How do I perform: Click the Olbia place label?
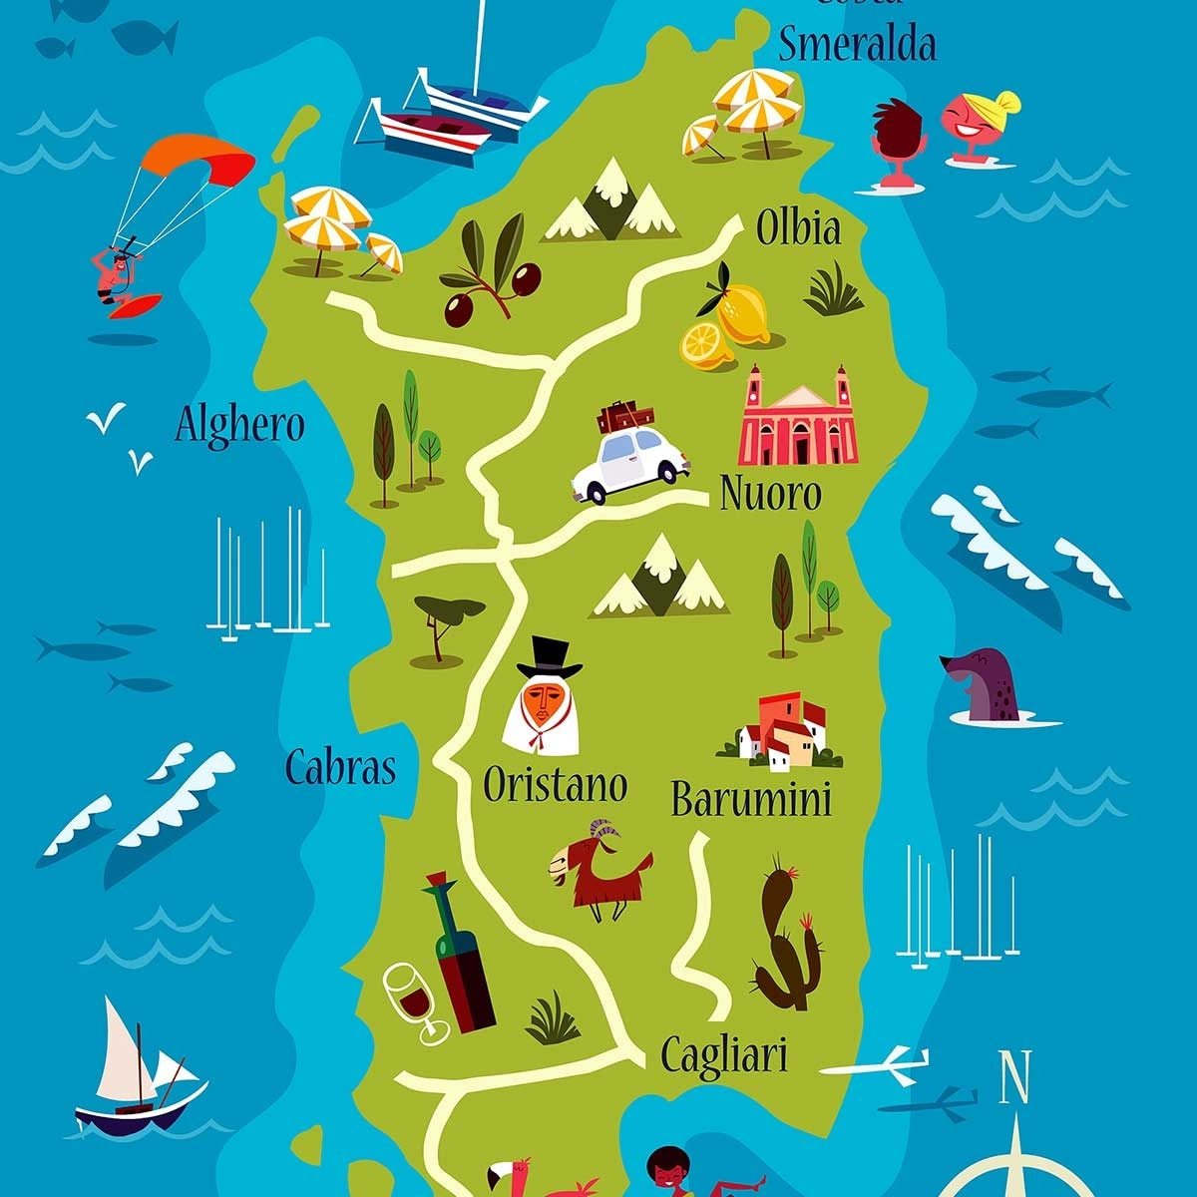point(798,228)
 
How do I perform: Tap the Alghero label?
point(239,426)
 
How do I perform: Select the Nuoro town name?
point(770,494)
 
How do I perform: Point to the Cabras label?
point(340,767)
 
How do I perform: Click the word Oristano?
point(555,785)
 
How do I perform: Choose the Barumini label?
point(751,800)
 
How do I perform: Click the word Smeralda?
point(857,45)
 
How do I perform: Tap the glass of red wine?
point(414,997)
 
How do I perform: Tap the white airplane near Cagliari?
point(878,1065)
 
